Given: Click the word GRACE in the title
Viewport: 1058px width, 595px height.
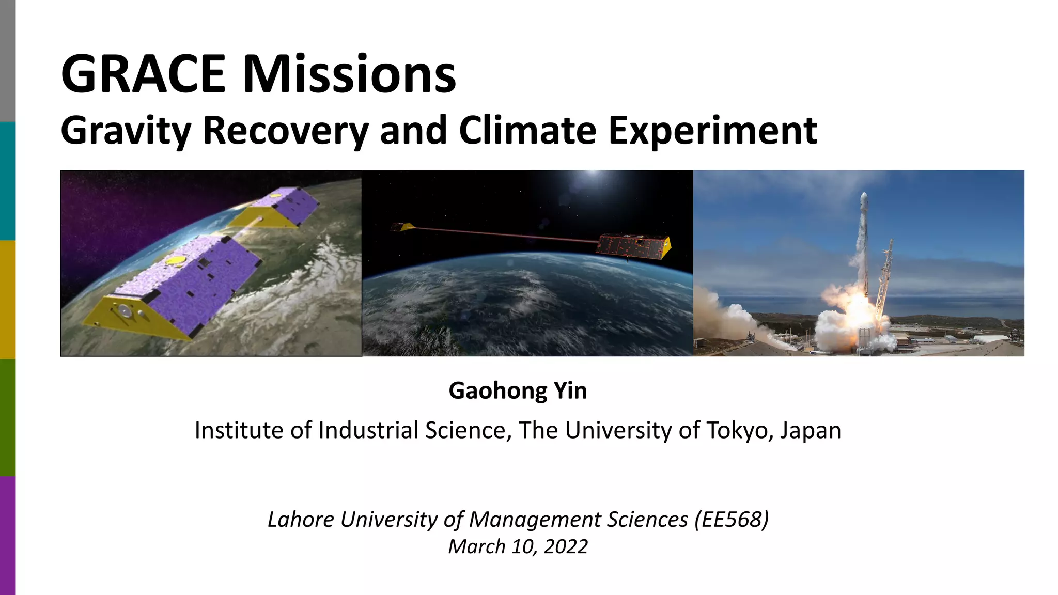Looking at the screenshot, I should point(143,74).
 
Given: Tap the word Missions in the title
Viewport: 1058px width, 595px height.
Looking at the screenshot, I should point(349,74).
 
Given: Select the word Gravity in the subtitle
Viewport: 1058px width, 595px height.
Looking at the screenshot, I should point(126,130).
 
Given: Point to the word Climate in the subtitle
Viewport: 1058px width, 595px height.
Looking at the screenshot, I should point(527,130).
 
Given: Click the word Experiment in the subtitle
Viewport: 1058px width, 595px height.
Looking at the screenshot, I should point(712,130).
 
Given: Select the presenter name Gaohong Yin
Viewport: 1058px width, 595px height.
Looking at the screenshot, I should point(518,390).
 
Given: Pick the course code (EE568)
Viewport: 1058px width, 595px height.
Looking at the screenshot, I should point(732,519).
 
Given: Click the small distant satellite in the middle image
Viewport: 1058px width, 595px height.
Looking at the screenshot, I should point(402,227).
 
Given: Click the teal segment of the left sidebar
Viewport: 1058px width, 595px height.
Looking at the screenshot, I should point(7,181).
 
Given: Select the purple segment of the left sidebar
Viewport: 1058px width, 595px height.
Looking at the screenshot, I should point(7,535).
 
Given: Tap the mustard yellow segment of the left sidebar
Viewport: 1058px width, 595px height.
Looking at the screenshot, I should point(7,300).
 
